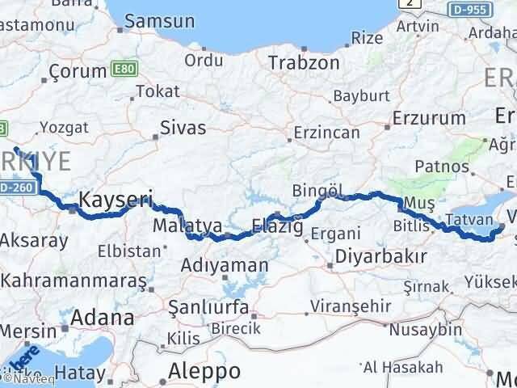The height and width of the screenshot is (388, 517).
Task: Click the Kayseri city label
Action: (x=116, y=198)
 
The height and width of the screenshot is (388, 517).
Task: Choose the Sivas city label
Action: (x=183, y=128)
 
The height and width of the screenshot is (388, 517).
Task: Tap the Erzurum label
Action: (x=429, y=118)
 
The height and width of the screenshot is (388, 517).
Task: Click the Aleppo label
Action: (x=205, y=371)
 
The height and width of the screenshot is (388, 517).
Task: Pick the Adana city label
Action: (x=103, y=317)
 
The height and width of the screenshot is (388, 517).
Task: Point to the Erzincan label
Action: (x=327, y=131)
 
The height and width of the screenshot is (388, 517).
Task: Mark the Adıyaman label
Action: (x=225, y=265)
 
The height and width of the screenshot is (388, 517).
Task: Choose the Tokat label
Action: (x=158, y=91)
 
